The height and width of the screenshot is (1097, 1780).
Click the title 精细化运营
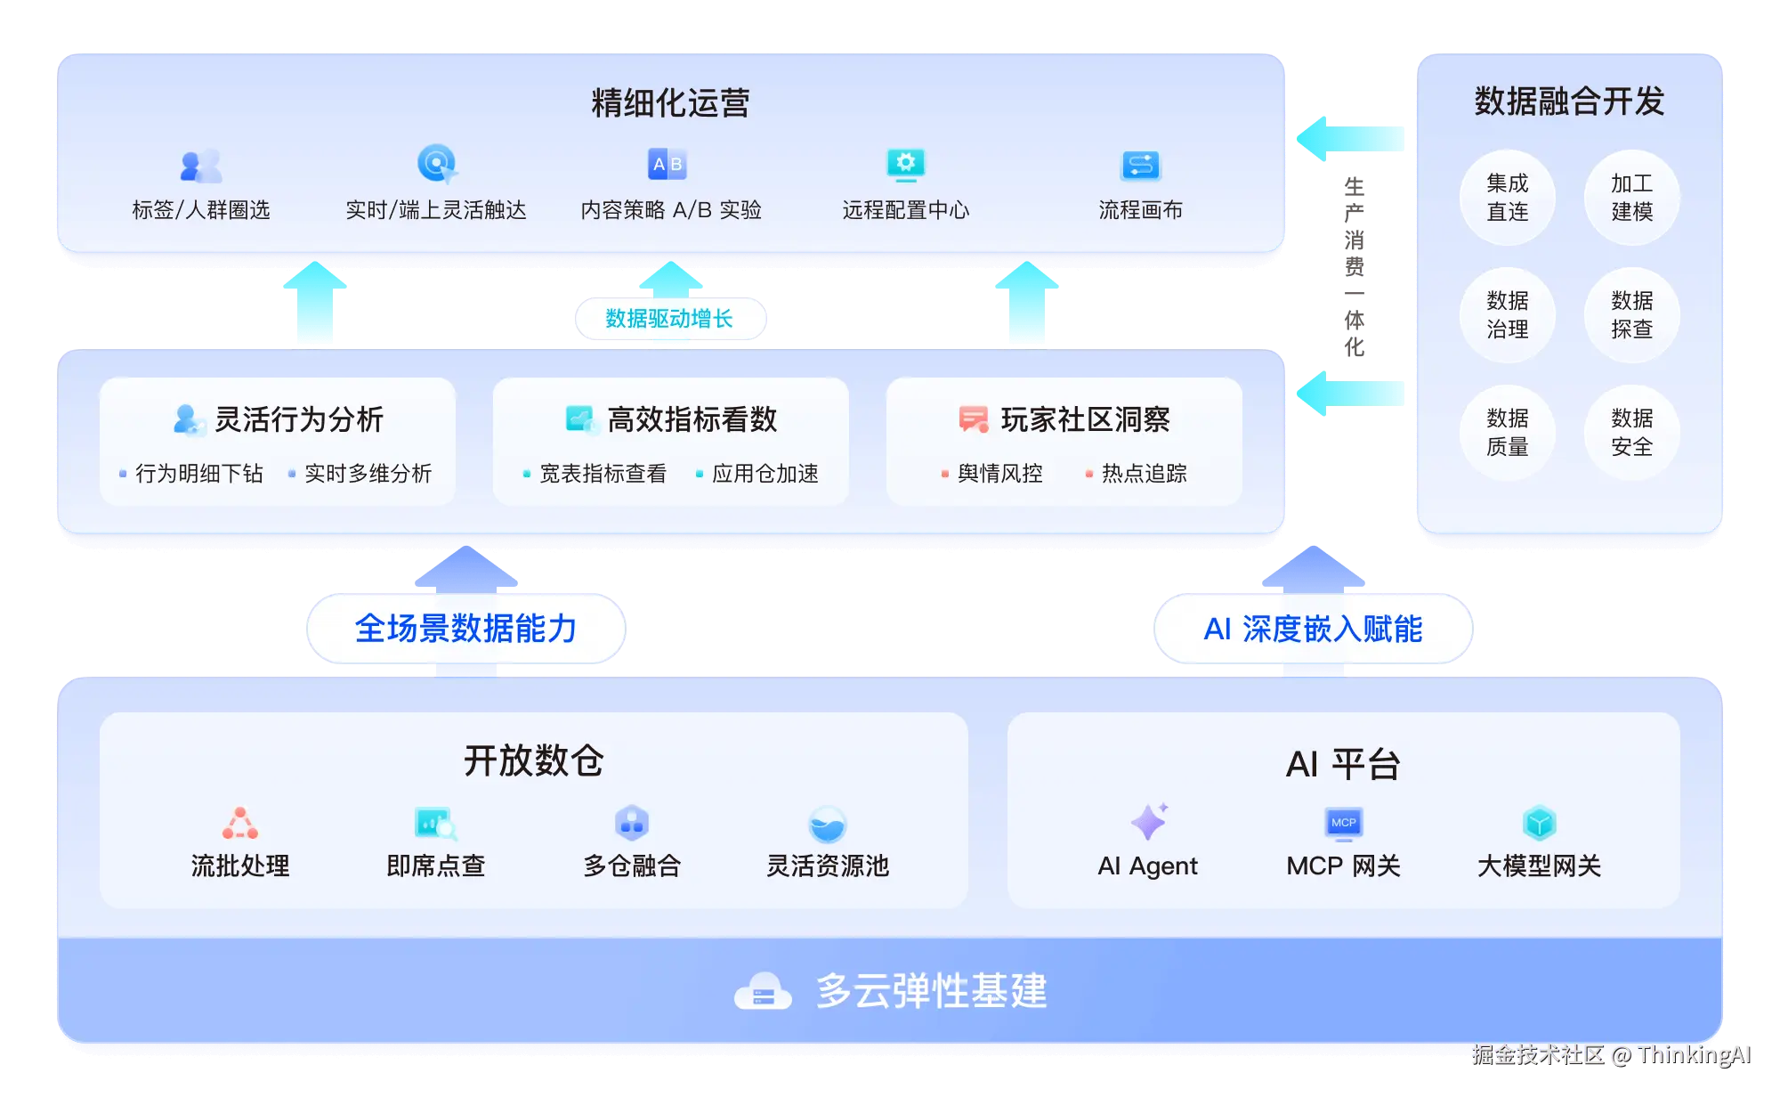point(670,102)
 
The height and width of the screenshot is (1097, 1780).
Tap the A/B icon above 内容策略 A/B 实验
point(667,164)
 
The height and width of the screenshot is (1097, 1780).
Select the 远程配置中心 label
point(905,210)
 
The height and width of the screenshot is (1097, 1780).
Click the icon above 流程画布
point(1140,165)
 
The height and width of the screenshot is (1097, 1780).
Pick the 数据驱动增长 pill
point(669,319)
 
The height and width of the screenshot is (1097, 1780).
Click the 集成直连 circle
point(1507,197)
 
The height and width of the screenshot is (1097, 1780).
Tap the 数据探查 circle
point(1631,314)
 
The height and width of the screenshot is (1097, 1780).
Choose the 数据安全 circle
point(1631,432)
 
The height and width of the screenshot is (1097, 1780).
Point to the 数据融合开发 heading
point(1569,102)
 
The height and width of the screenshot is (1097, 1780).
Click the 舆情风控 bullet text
point(999,474)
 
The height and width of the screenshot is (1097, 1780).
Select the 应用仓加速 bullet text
point(765,474)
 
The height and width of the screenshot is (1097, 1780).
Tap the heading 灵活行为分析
point(299,419)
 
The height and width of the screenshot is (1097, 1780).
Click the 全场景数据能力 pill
point(465,629)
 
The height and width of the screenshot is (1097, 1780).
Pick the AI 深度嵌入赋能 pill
point(1313,629)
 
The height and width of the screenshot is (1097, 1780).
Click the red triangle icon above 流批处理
point(240,823)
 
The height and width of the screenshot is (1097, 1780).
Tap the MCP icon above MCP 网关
point(1344,823)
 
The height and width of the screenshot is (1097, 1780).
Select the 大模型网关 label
point(1539,865)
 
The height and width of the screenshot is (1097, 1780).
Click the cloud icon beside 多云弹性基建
point(763,991)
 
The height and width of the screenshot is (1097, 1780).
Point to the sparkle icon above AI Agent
point(1149,821)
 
